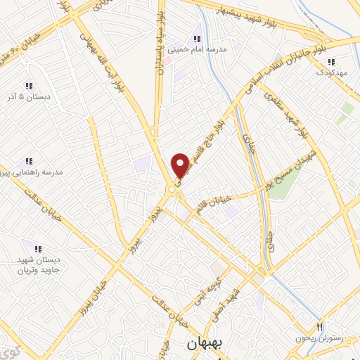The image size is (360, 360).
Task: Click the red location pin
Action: pyautogui.click(x=181, y=165)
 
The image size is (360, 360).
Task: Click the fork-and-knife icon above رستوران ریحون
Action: pyautogui.click(x=320, y=327)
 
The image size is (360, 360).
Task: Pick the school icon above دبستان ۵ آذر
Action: pyautogui.click(x=29, y=85)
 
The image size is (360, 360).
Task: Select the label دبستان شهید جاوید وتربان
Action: pyautogui.click(x=39, y=264)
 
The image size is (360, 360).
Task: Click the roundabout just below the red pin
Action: pyautogui.click(x=172, y=190)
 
